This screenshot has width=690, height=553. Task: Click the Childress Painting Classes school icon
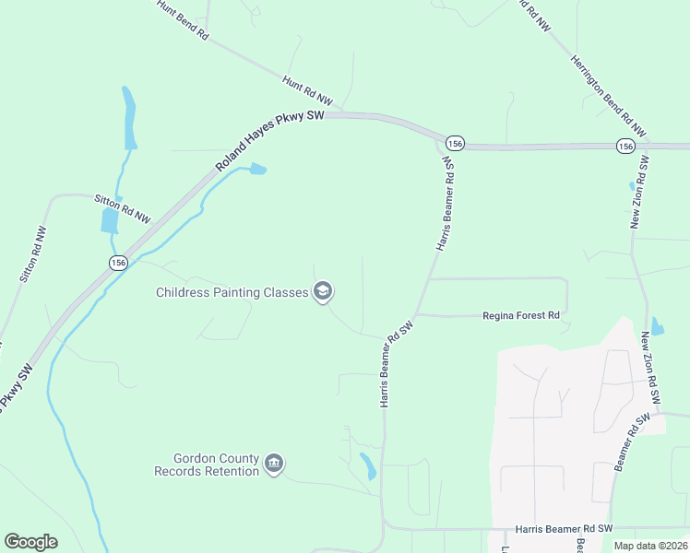pos(323,293)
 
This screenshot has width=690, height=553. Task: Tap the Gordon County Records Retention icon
pos(273,463)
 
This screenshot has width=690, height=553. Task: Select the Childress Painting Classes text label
pos(232,293)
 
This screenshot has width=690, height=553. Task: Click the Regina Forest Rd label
pos(521,315)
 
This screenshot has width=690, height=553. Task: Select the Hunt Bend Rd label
pos(183,18)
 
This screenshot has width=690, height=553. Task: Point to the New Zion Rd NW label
pos(639,192)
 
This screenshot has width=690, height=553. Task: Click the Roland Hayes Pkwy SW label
pos(268,138)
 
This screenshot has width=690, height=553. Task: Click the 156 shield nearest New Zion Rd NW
pos(625,146)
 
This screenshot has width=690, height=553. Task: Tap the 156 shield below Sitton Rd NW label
pos(117,263)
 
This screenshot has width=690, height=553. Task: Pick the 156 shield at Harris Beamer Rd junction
pos(453,144)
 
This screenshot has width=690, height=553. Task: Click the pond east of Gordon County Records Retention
pos(368,466)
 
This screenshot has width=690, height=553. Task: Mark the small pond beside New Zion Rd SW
pos(656,326)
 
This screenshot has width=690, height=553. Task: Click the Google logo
pos(30,542)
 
